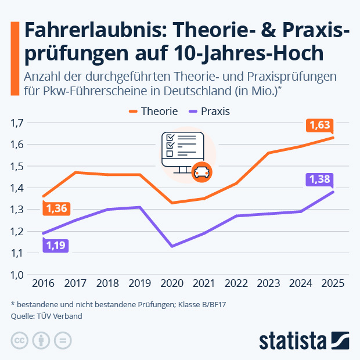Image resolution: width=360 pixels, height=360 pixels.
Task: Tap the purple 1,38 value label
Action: coord(319,181)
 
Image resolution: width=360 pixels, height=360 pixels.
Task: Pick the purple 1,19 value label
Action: coord(55,245)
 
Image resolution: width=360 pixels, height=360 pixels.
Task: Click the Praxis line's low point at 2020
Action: coord(171,246)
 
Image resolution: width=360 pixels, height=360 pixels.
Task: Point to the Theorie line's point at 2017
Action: coord(75,172)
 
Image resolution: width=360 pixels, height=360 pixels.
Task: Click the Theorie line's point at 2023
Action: coord(268,153)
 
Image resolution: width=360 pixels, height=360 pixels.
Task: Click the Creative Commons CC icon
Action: coord(19,340)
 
